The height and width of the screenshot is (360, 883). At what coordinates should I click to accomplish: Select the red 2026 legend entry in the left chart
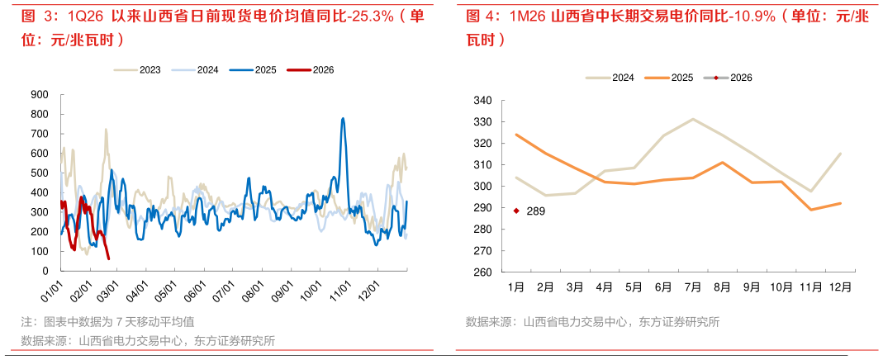(310, 70)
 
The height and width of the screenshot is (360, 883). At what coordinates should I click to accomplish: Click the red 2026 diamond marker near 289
(516, 211)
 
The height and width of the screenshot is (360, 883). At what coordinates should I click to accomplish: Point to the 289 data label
(535, 211)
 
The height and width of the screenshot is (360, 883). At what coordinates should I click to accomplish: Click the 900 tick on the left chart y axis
(39, 94)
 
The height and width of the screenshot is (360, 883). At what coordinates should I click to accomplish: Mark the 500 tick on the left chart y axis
(39, 173)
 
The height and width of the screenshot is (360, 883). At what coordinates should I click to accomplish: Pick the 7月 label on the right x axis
(692, 287)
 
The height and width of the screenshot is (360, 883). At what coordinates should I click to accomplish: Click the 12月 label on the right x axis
(839, 287)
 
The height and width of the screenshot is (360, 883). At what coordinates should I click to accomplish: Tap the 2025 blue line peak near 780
(343, 118)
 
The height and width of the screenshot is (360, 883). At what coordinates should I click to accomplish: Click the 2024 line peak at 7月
(692, 119)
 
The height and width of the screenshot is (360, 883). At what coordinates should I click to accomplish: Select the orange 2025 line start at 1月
(516, 135)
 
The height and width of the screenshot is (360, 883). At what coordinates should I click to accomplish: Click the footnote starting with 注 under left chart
(107, 321)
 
